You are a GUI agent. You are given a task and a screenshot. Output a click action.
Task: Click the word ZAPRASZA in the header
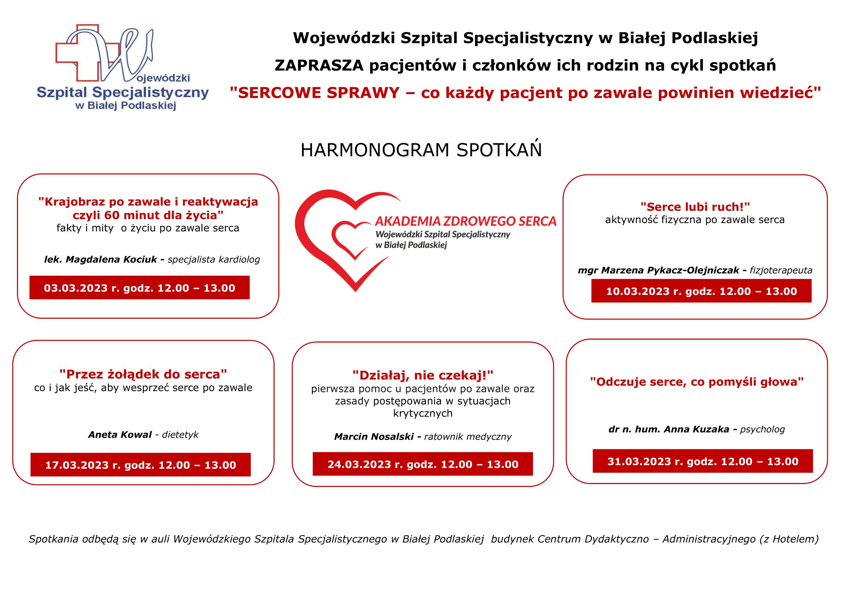tap(319, 65)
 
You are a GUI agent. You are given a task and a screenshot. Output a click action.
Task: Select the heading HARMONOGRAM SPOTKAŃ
tap(421, 150)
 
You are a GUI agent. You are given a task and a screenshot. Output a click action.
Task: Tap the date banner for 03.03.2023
tap(139, 287)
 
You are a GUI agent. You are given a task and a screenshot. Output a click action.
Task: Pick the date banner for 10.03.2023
tap(701, 291)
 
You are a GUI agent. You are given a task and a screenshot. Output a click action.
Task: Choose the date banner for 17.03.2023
tap(141, 465)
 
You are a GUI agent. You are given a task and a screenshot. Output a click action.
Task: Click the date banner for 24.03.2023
tap(423, 464)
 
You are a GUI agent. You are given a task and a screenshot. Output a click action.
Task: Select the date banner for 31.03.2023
tap(703, 461)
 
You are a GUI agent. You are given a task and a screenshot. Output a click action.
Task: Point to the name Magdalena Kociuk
tap(111, 260)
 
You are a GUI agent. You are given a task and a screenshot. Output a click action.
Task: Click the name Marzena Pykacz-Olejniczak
tap(670, 270)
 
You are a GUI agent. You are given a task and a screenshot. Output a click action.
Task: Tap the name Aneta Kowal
tap(120, 435)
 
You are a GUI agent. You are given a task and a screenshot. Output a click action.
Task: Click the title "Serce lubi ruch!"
tap(695, 206)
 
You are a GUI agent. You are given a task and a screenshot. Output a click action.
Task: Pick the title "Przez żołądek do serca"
tap(143, 374)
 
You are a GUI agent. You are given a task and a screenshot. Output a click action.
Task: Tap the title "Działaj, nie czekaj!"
tap(423, 375)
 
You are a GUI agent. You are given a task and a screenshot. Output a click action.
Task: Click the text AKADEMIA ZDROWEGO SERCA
tap(465, 221)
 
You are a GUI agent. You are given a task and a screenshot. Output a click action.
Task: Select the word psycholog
tap(762, 429)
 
